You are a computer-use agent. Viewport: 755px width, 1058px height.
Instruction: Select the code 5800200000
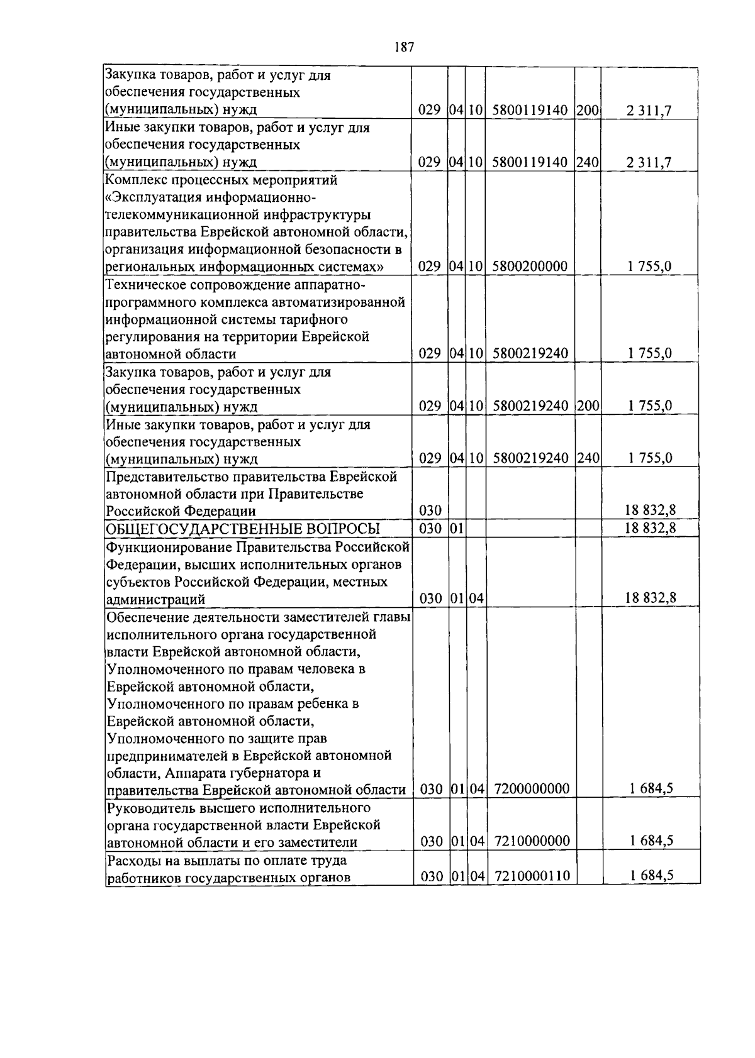click(x=530, y=267)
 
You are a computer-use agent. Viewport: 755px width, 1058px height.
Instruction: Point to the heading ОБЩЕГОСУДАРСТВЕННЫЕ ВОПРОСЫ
click(x=243, y=528)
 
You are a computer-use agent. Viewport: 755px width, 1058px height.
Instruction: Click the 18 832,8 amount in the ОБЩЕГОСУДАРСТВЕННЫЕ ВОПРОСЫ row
click(x=650, y=528)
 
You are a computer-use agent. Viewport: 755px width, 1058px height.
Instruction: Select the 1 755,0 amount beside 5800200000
click(x=649, y=267)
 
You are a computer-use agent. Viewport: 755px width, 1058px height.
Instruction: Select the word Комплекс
click(x=133, y=180)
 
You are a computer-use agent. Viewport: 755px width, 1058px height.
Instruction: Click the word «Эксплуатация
click(x=146, y=198)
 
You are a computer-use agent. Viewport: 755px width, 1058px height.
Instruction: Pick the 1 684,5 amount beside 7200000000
click(x=650, y=789)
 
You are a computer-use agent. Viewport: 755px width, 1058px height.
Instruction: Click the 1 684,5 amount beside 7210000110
click(x=650, y=876)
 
